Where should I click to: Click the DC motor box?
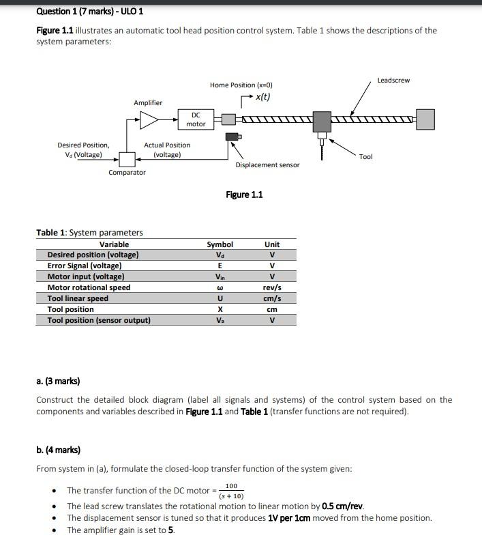click(x=196, y=119)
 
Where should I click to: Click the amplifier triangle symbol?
click(x=149, y=120)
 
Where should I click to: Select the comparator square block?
click(x=127, y=159)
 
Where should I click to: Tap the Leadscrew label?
click(x=393, y=81)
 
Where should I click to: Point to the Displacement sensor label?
click(x=267, y=164)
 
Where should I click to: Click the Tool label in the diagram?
click(x=366, y=157)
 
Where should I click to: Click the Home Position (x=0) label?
click(x=241, y=85)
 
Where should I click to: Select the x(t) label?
click(x=262, y=96)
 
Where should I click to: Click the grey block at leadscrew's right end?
click(x=425, y=119)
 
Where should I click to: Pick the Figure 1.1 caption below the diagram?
click(x=244, y=195)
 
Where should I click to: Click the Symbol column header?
click(x=220, y=244)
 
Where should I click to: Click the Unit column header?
click(x=272, y=244)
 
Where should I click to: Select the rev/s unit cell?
click(x=272, y=287)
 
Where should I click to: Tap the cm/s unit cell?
click(x=272, y=298)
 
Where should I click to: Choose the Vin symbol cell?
click(x=220, y=276)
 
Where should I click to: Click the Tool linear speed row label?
click(x=78, y=298)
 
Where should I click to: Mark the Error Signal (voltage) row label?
click(x=85, y=266)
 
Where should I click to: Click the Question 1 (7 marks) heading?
click(x=89, y=12)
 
